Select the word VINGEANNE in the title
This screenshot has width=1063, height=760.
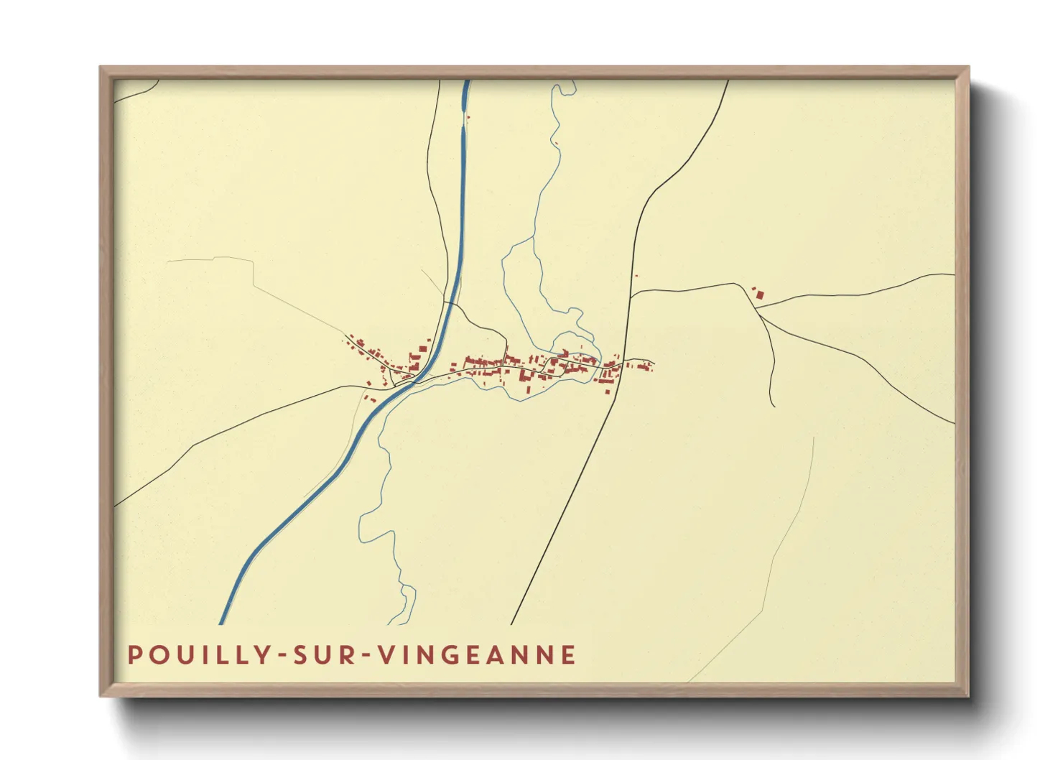477,655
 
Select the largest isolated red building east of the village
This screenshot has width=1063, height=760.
759,295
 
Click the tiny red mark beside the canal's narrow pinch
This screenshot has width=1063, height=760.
468,117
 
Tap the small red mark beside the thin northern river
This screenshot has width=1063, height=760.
557,144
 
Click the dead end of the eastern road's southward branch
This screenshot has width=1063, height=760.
774,407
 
